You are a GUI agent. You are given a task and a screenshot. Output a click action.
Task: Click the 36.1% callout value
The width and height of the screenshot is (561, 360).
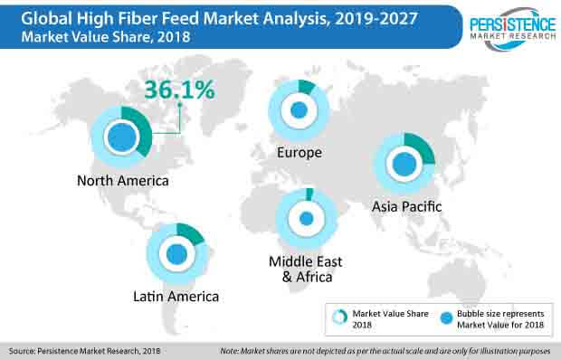(x=177, y=91)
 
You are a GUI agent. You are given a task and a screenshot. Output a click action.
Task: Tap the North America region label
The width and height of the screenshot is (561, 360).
(x=122, y=180)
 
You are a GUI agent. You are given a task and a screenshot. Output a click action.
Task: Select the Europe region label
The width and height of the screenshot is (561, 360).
(x=300, y=152)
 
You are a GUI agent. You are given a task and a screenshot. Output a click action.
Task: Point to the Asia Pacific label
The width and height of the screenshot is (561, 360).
(x=406, y=206)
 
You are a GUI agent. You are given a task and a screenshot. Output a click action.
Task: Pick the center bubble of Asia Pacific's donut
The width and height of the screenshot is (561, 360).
(x=405, y=163)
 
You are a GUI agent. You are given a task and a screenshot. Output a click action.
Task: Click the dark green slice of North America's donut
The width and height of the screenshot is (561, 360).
(x=146, y=128)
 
